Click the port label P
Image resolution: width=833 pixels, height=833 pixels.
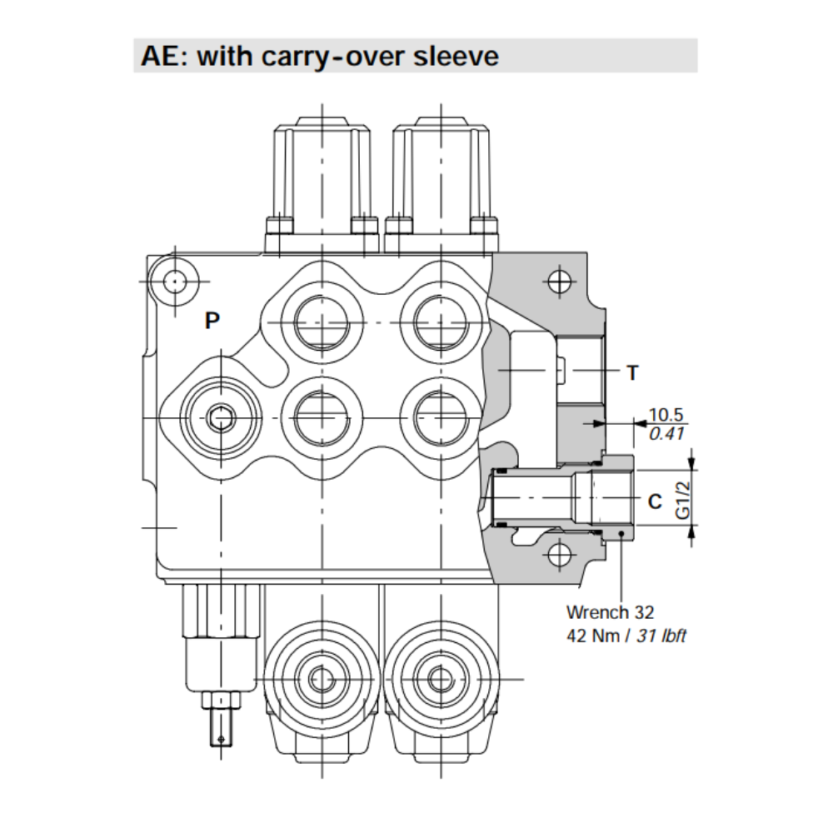213,321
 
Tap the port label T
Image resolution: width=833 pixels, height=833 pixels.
632,373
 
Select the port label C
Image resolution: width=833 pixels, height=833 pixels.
655,501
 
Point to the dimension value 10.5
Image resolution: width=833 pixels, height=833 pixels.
666,415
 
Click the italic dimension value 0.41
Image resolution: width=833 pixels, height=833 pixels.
666,432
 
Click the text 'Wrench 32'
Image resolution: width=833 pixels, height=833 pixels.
610,612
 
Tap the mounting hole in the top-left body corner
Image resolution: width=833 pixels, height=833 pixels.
174,282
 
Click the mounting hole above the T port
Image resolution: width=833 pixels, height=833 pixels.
561,282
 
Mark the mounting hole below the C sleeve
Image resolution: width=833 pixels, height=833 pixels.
561,552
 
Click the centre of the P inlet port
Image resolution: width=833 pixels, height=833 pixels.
221,416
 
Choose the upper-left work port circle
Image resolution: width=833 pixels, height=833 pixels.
320,322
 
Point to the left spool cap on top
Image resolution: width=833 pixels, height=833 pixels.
321,179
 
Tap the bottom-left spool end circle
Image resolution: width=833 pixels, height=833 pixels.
320,679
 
